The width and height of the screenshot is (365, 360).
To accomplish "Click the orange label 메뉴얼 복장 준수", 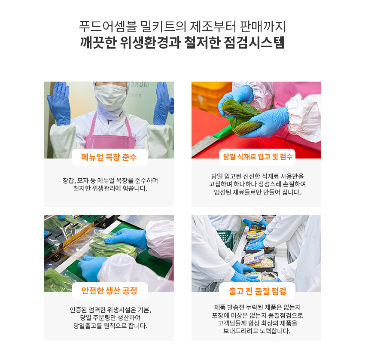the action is (x=109, y=157).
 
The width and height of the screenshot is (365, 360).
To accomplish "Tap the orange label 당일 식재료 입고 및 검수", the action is (x=258, y=157).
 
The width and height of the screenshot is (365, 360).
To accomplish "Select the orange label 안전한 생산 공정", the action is (x=109, y=290).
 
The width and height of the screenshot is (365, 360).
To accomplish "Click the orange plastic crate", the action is (x=211, y=96).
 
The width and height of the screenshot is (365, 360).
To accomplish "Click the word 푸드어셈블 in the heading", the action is (x=108, y=26).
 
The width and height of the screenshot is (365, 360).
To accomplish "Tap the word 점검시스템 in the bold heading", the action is (x=254, y=43).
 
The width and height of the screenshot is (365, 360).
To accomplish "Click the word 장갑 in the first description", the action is (x=68, y=181).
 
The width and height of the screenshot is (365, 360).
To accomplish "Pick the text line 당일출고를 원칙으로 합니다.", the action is (x=110, y=326).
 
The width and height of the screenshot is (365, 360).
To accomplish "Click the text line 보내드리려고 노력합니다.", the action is (x=256, y=331).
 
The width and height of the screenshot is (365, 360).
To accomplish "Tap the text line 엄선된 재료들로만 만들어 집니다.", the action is (x=258, y=192).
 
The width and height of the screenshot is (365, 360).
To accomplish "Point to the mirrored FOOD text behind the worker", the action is (x=134, y=96).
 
